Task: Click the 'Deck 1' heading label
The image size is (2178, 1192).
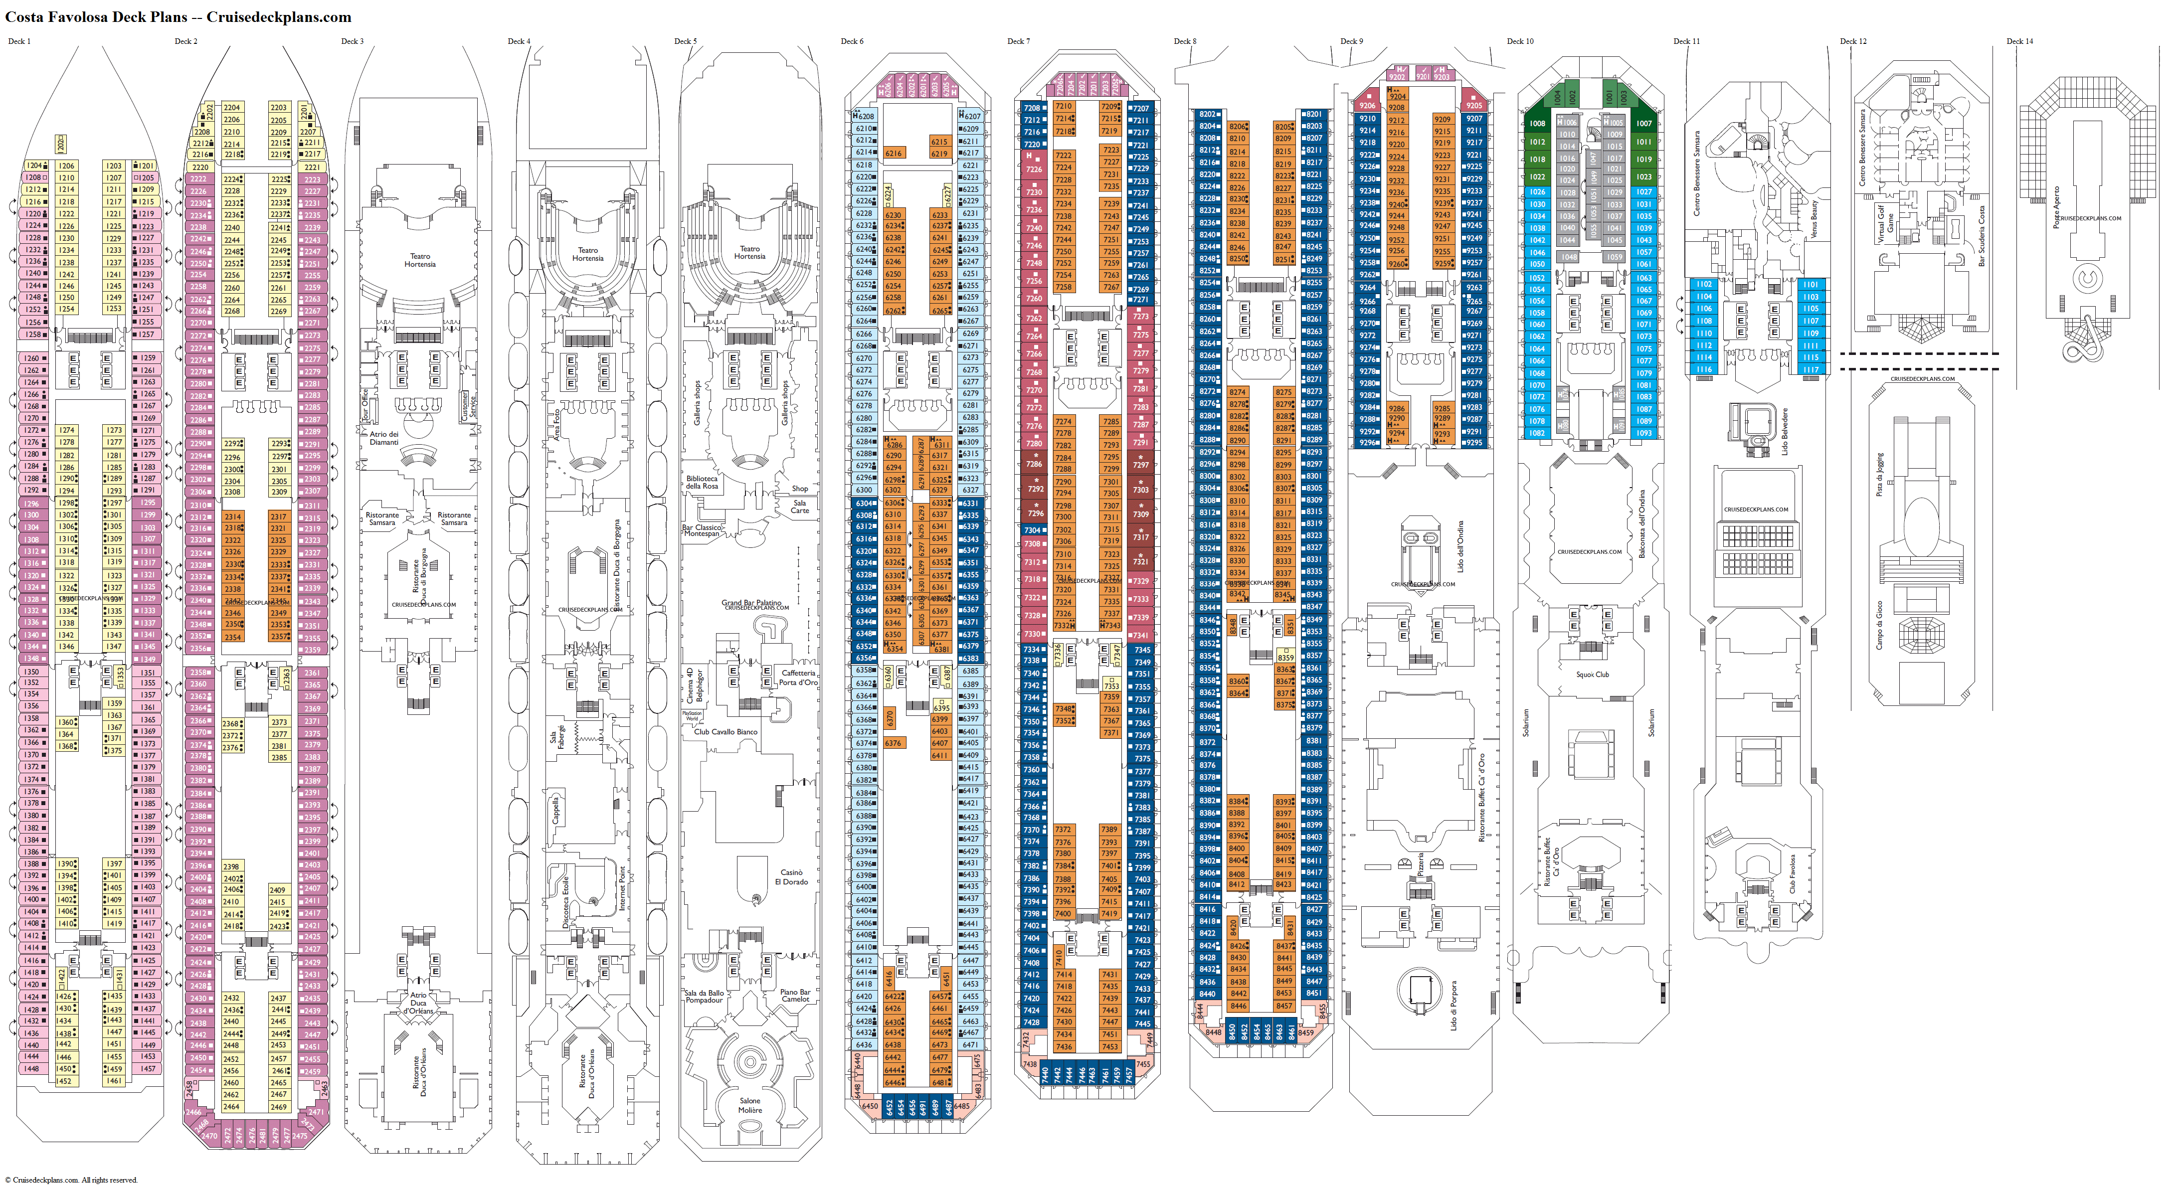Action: pos(18,40)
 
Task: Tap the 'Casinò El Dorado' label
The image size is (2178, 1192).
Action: pos(791,876)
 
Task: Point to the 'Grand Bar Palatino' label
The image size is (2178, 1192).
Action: pos(751,603)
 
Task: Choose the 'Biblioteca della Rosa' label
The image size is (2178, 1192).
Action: pos(702,482)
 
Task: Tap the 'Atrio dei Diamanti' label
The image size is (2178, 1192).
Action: pos(384,438)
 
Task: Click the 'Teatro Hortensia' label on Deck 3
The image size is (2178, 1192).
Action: pos(420,260)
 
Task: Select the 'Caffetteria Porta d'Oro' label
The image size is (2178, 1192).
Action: pos(798,677)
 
